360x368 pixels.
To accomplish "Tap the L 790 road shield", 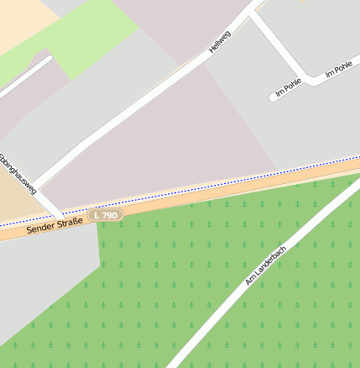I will tap(107, 215).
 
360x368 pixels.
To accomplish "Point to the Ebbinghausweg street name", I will tap(18, 173).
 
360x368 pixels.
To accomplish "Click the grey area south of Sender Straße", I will tap(42, 277).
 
